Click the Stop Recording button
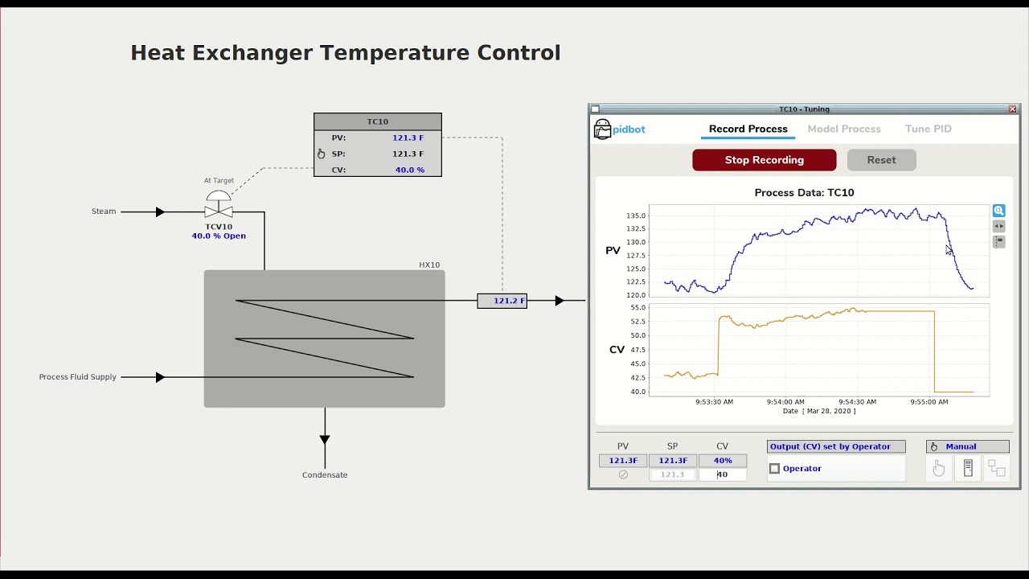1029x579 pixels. pos(764,160)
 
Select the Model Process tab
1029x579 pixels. pos(844,129)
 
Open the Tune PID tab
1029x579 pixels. pos(928,129)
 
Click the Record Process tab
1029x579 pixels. pos(748,129)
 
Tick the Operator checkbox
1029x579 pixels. pos(775,469)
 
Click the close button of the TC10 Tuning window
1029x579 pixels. pos(1012,109)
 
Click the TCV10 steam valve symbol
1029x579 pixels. pos(219,211)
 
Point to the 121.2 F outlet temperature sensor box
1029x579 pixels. pos(502,301)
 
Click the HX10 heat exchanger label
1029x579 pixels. pos(429,265)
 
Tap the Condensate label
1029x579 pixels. pos(325,475)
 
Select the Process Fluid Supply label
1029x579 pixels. pos(78,377)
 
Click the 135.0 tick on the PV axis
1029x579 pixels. pos(635,216)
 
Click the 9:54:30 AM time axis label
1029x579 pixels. pos(857,401)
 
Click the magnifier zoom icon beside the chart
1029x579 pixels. pos(998,211)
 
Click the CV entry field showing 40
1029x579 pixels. pos(723,474)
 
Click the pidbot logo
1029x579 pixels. pos(619,129)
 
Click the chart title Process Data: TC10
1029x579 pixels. pos(804,193)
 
